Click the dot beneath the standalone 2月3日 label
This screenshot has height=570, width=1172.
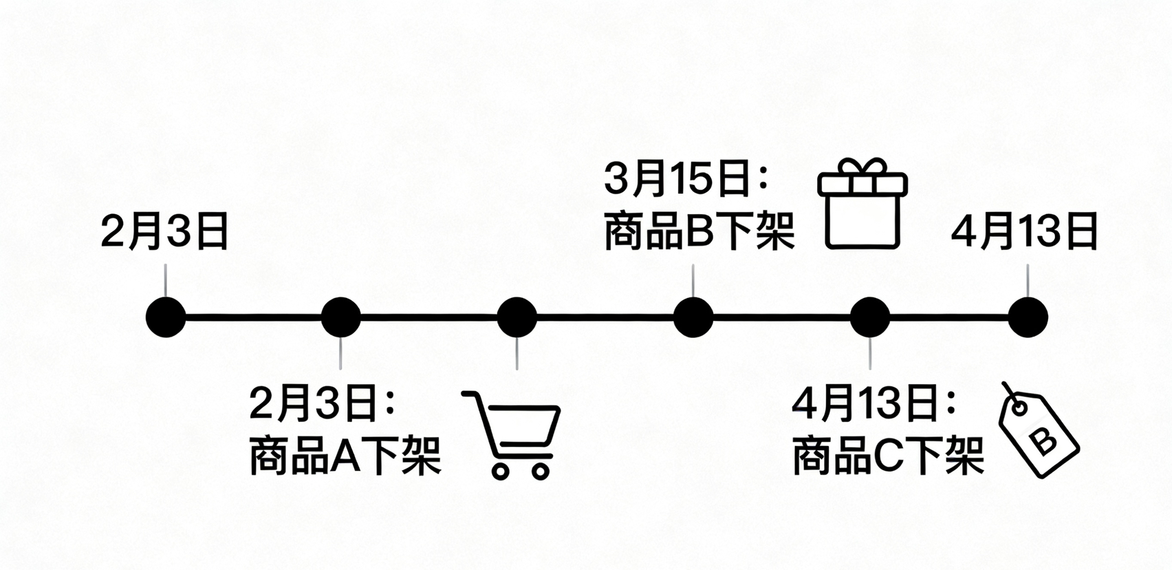click(166, 317)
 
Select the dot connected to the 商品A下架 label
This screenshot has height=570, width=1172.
click(341, 317)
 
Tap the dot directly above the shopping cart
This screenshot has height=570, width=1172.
click(517, 317)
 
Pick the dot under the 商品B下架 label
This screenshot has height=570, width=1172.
click(693, 317)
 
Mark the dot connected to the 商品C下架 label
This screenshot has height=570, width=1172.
click(870, 317)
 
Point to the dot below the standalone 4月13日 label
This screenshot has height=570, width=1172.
click(1028, 317)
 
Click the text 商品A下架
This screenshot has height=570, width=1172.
click(345, 455)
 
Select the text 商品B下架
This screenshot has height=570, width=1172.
click(699, 232)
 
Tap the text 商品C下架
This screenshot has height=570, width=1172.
click(888, 456)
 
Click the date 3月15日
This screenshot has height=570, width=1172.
click(677, 179)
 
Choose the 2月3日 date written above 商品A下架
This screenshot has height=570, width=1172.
click(314, 403)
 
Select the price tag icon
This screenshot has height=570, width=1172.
click(1039, 432)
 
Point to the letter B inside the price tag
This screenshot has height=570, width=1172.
click(1045, 441)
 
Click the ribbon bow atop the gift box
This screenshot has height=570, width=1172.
click(862, 167)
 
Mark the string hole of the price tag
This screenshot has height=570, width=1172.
click(1019, 408)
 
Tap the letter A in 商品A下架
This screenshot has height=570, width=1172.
click(345, 456)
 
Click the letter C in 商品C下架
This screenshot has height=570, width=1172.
click(887, 456)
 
